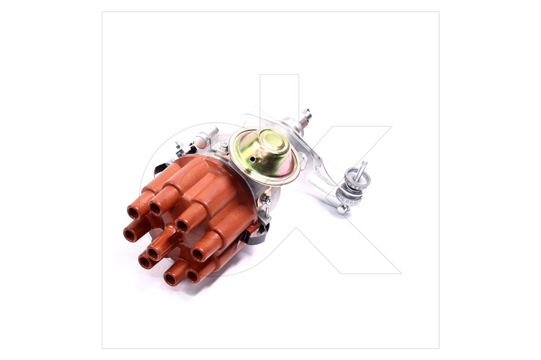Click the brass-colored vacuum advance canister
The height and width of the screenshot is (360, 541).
tap(264, 157)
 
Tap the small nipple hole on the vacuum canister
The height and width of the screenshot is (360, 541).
tap(253, 159)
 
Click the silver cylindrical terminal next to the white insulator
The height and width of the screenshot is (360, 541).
tap(211, 134)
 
